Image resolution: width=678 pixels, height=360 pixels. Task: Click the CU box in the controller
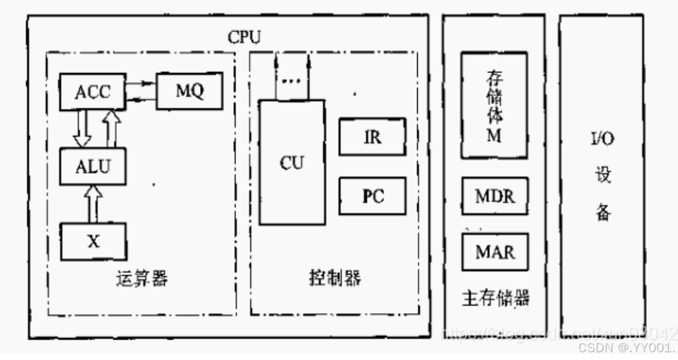[292, 162]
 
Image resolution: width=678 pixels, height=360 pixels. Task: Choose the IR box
[372, 137]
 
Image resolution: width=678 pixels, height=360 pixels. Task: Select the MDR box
[494, 196]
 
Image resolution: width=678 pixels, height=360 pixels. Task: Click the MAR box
[494, 251]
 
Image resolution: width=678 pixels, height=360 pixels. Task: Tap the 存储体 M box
[494, 105]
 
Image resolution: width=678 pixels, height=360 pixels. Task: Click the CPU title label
[244, 36]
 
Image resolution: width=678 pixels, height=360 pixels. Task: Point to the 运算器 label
[141, 278]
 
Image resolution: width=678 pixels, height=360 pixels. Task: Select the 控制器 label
[336, 278]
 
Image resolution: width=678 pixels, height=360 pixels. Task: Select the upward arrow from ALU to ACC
[110, 128]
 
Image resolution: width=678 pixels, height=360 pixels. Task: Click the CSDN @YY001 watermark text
[626, 349]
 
